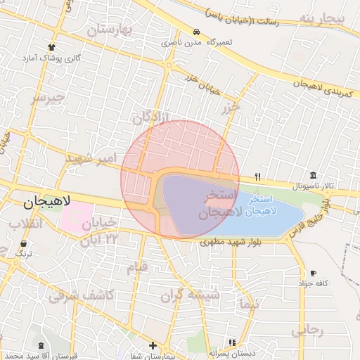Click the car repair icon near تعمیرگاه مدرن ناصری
(x=196, y=32)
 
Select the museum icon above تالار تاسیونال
(x=313, y=175)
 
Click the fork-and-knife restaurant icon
(x=258, y=176)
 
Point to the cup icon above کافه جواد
(x=313, y=273)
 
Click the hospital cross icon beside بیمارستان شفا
(x=153, y=345)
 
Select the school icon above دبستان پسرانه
(x=229, y=343)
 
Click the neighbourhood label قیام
(x=138, y=267)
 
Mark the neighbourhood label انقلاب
(x=25, y=224)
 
